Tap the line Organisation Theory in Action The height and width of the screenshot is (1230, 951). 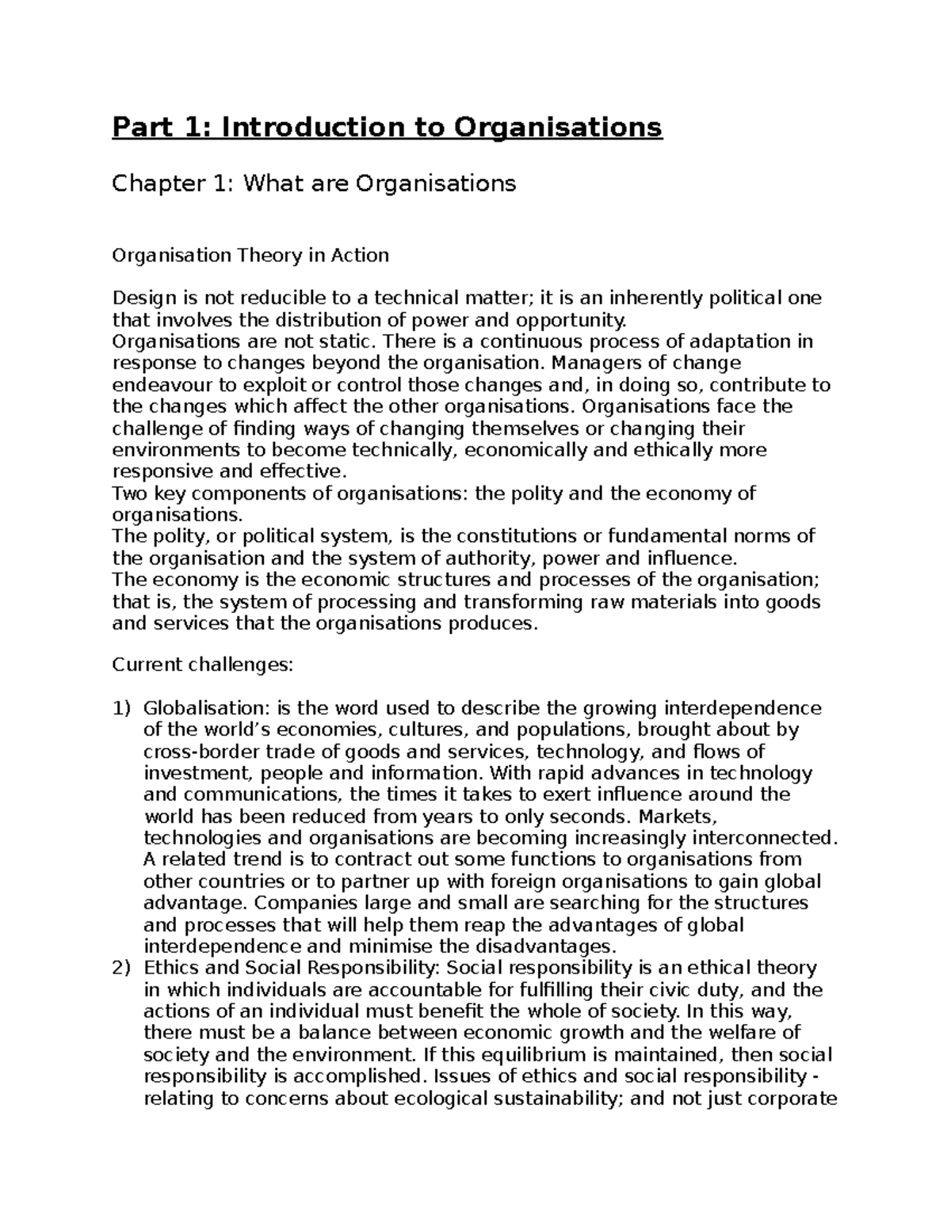(250, 255)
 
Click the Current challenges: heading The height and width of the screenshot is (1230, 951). (203, 665)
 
